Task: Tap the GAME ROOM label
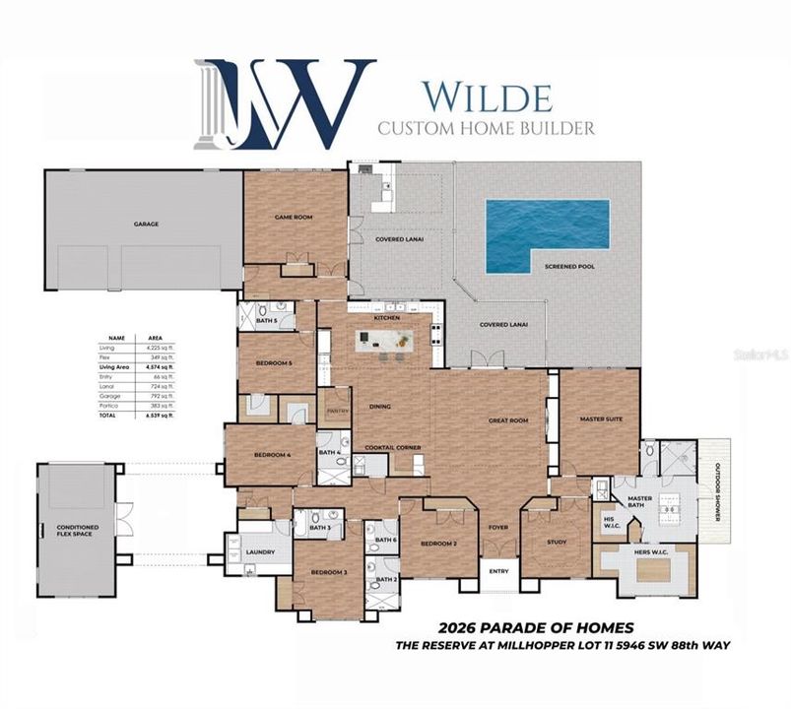293,217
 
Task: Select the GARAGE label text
146,224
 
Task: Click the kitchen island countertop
389,341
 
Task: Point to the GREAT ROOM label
508,420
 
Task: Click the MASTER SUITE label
600,419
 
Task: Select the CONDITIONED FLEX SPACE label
77,531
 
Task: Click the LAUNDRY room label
260,551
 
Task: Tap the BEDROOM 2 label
437,544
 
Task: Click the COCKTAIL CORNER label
394,447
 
